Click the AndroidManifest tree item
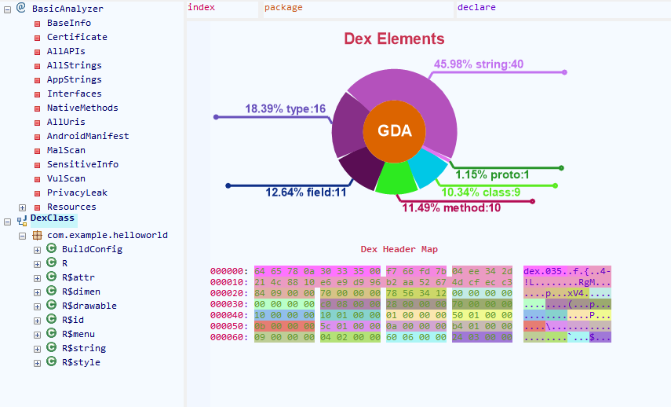click(x=88, y=136)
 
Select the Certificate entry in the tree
click(x=77, y=37)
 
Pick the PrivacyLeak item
click(x=77, y=192)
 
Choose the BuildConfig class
click(x=92, y=249)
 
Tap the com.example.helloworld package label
click(x=107, y=235)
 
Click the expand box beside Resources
click(x=23, y=207)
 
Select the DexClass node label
click(x=53, y=218)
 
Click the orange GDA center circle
click(x=394, y=131)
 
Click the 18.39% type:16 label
click(x=285, y=109)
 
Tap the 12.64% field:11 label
click(x=305, y=192)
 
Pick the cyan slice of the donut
click(x=428, y=169)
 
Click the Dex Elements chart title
click(x=394, y=39)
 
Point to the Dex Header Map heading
click(x=399, y=249)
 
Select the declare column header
click(x=476, y=8)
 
